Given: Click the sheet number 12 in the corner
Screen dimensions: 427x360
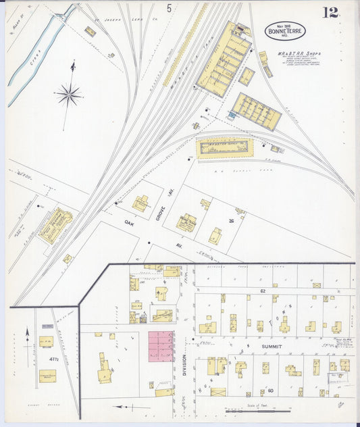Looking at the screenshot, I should click(x=330, y=13).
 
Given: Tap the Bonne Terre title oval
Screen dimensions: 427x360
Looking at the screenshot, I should click(x=284, y=30).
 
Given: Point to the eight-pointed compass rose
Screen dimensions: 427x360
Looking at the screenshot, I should click(x=69, y=95).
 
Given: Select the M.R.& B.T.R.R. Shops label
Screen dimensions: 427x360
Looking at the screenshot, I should click(x=299, y=53).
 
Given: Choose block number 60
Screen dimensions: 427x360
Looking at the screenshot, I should click(x=270, y=391).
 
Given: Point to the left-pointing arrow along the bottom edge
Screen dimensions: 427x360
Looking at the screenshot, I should click(x=132, y=407).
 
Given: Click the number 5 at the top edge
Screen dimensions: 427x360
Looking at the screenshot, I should click(x=168, y=8).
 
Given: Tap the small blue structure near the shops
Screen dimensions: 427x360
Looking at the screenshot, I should click(x=232, y=116).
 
